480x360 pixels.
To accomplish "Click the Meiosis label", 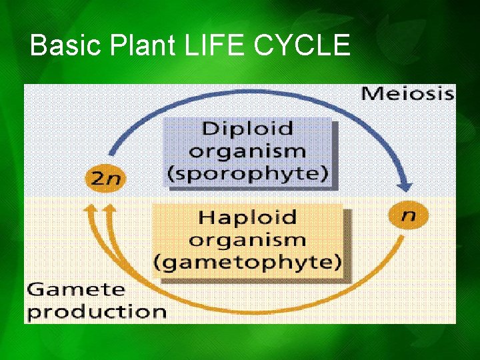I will [x=407, y=93].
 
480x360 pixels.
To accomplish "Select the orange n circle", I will [x=407, y=215].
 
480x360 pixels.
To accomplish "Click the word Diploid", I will [x=247, y=128].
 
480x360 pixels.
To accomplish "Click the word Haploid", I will [x=247, y=217].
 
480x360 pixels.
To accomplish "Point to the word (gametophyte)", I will [x=247, y=262].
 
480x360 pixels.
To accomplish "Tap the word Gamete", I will [x=76, y=290].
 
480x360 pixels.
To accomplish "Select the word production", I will [x=97, y=311].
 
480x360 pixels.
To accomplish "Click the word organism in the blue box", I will [x=247, y=151].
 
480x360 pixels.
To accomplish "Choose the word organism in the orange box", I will [x=247, y=239].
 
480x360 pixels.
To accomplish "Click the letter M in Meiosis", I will [x=371, y=93].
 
